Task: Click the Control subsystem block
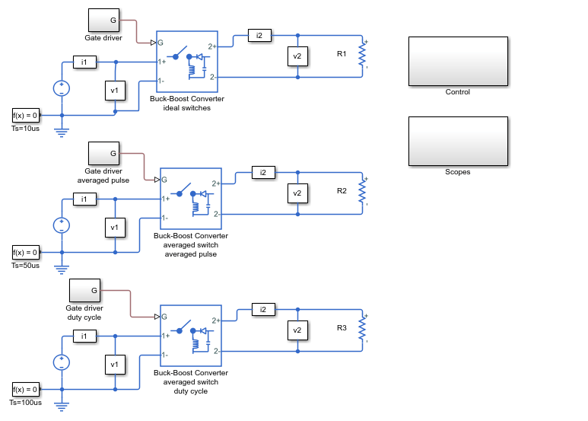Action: pyautogui.click(x=458, y=61)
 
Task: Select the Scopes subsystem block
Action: pyautogui.click(x=458, y=141)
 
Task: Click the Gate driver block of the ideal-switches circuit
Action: pyautogui.click(x=104, y=21)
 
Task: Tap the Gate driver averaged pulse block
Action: pyautogui.click(x=104, y=154)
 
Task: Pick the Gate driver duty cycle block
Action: pyautogui.click(x=84, y=290)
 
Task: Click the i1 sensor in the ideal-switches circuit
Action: pyautogui.click(x=84, y=62)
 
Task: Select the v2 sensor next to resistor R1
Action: pyautogui.click(x=297, y=56)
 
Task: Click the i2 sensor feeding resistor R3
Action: pyautogui.click(x=263, y=310)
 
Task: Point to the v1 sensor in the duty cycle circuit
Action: pyautogui.click(x=115, y=365)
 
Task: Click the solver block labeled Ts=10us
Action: pyautogui.click(x=26, y=116)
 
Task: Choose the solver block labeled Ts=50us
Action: pyautogui.click(x=26, y=253)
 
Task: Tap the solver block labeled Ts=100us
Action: pyautogui.click(x=26, y=390)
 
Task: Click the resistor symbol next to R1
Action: pyautogui.click(x=362, y=55)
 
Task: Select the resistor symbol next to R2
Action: pyautogui.click(x=362, y=192)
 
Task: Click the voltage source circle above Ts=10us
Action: pyautogui.click(x=62, y=88)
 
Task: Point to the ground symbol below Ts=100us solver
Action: pyautogui.click(x=62, y=407)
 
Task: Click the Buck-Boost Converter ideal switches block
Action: pyautogui.click(x=187, y=62)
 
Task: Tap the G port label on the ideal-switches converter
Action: pyautogui.click(x=161, y=43)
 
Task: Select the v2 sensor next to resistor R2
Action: pyautogui.click(x=297, y=193)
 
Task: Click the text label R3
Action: pyautogui.click(x=342, y=328)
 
